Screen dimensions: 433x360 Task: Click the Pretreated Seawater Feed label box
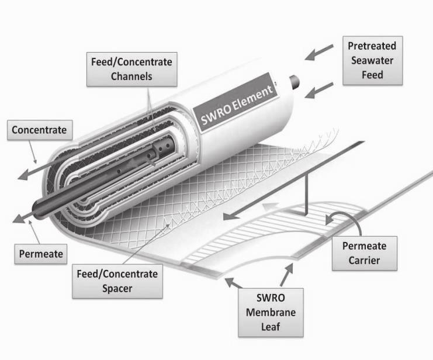tap(373, 61)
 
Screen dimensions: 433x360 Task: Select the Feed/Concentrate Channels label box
tap(131, 70)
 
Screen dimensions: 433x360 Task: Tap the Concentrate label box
tap(40, 130)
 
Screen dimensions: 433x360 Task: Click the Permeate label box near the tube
tap(40, 254)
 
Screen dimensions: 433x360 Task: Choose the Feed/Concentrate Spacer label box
tap(117, 281)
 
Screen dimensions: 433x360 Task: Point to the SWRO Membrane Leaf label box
tap(271, 313)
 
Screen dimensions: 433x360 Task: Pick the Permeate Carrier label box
tap(365, 253)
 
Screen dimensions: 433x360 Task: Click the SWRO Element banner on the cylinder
tap(235, 103)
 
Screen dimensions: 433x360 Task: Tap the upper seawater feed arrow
tap(319, 52)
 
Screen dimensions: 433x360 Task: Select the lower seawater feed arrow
tap(319, 91)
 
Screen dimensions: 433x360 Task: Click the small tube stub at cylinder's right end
tap(295, 82)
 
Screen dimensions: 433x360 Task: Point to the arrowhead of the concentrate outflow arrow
tap(23, 175)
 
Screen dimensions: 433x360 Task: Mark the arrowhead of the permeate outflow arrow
tap(19, 218)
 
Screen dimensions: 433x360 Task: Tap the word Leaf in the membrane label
tap(271, 327)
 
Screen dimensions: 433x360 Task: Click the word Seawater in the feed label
tap(372, 61)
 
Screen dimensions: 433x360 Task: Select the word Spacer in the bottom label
tap(117, 289)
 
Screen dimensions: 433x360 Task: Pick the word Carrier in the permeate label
tap(364, 260)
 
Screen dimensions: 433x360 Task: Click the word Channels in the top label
tap(131, 76)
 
